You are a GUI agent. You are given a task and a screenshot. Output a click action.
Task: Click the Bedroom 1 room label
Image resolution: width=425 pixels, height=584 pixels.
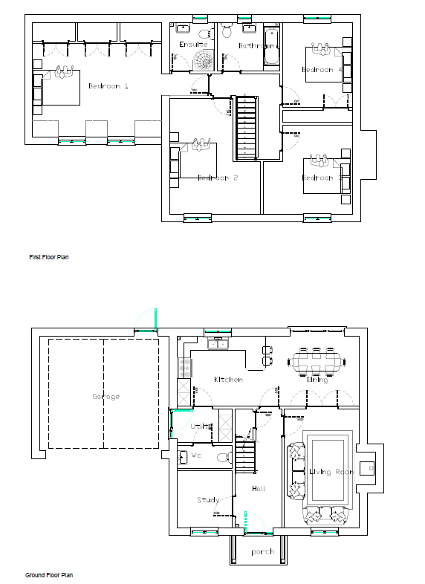tap(108, 86)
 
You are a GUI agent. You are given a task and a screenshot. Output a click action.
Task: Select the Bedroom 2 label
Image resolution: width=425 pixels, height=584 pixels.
tap(217, 178)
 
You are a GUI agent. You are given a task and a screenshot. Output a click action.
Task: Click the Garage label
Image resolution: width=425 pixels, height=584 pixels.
tap(106, 396)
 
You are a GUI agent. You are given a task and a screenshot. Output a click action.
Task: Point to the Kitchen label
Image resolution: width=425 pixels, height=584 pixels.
tap(228, 380)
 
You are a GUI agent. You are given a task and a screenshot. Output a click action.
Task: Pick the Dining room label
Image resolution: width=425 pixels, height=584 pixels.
tap(317, 380)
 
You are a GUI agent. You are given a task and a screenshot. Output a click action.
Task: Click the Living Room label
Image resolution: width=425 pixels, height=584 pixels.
tap(331, 472)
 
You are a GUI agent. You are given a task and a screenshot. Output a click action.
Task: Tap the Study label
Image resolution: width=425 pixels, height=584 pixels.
tap(207, 500)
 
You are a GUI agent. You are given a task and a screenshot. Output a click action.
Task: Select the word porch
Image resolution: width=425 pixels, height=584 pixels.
tap(262, 551)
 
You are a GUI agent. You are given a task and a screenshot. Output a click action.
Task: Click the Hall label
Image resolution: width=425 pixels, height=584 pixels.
tap(259, 488)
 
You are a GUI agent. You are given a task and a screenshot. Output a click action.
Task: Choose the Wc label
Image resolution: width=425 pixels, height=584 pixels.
tap(197, 454)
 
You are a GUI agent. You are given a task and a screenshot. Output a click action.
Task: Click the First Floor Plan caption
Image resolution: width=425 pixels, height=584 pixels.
tap(49, 257)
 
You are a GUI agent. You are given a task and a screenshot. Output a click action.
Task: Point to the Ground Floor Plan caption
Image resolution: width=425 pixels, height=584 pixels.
tap(49, 575)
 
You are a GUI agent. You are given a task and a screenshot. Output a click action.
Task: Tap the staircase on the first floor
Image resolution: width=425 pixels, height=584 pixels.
tap(246, 127)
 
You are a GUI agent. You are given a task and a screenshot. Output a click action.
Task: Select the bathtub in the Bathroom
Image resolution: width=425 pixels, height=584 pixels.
tap(270, 47)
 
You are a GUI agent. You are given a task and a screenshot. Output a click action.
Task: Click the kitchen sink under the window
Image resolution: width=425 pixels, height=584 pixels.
tap(217, 344)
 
